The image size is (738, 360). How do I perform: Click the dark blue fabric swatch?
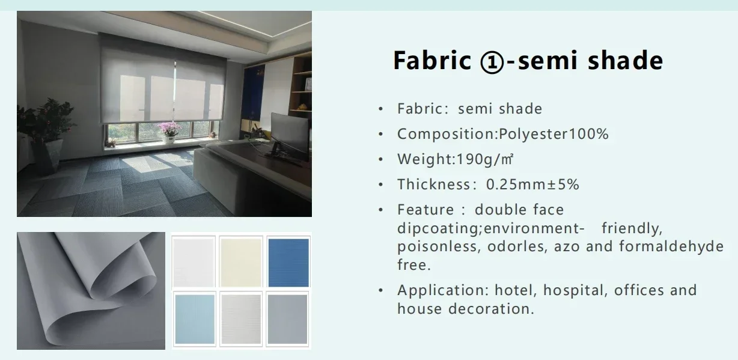288,262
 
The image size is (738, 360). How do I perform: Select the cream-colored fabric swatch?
241,262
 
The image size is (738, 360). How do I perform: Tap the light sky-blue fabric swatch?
195,319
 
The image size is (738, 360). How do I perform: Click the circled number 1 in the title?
492,61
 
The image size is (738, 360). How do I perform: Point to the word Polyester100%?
553,134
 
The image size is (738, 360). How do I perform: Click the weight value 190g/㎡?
484,159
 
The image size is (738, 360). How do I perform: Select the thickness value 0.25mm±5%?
532,184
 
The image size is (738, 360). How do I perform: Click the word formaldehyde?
671,246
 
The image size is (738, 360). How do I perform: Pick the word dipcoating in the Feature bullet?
438,228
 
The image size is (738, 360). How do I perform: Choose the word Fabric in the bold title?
432,61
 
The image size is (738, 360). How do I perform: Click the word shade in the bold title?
626,61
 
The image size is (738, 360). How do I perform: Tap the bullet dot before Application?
381,290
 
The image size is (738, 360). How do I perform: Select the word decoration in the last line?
491,309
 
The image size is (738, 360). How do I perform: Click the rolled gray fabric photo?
91,291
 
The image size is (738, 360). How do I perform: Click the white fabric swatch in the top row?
194,262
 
